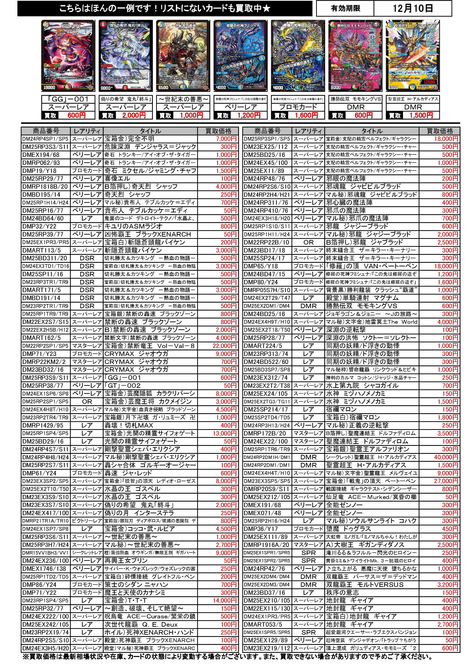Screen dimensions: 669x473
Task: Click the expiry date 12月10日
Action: tap(412, 8)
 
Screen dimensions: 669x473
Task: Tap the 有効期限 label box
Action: tap(345, 8)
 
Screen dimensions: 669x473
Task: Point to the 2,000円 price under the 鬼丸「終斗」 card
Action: tap(133, 115)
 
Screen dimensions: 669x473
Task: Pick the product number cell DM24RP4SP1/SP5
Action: tap(46, 139)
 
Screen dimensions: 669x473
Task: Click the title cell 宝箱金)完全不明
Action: tap(150, 139)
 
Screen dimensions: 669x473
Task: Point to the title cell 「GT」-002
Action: tap(150, 386)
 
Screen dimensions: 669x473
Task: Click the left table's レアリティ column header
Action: tap(87, 131)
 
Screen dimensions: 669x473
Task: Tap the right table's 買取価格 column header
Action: tap(440, 131)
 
